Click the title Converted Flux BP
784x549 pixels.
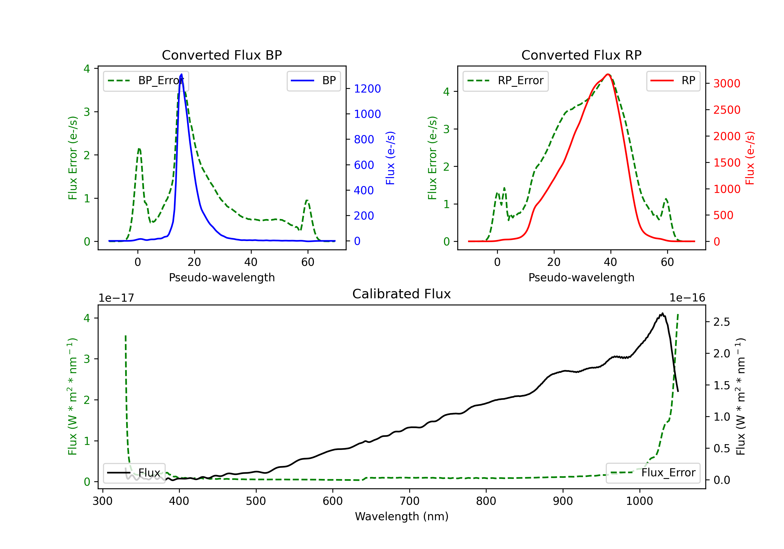222,55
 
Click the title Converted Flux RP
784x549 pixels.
581,55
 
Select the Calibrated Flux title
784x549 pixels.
402,294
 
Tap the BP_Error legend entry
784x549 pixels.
146,81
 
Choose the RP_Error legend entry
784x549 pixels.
505,81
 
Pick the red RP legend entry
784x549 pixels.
673,81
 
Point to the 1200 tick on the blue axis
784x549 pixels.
367,89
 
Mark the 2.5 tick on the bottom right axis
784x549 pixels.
722,322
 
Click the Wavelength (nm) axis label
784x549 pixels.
402,516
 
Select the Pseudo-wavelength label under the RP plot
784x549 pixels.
581,277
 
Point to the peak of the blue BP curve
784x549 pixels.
181,74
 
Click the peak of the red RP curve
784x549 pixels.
608,74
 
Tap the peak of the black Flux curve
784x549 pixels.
662,313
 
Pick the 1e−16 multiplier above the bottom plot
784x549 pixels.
687,298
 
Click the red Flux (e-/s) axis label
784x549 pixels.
750,158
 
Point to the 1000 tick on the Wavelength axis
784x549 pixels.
639,501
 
